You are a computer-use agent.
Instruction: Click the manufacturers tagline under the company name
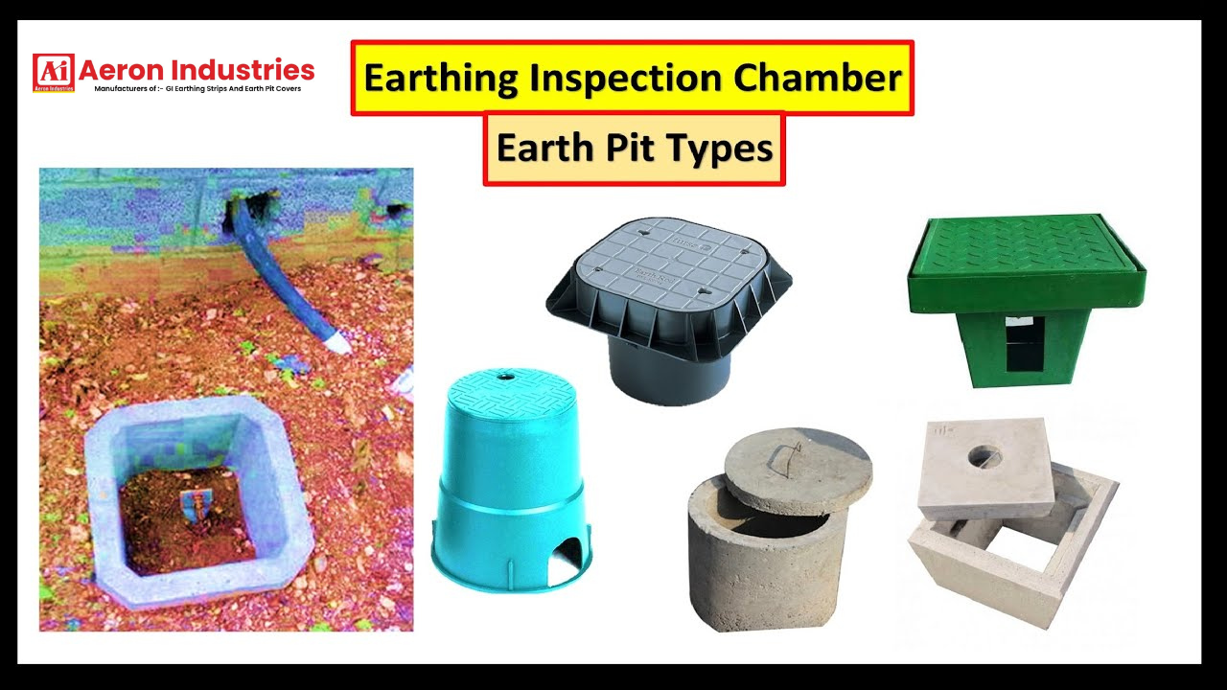197,89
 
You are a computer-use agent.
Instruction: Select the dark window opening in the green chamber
1024,346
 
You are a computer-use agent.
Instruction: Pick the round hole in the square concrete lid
984,456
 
